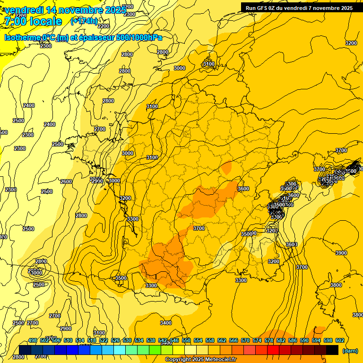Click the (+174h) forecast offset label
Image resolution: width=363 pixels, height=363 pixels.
pyautogui.click(x=84, y=21)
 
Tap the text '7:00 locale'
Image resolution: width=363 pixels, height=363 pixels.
pyautogui.click(x=33, y=21)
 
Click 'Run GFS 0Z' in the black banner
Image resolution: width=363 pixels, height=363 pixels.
pyautogui.click(x=262, y=8)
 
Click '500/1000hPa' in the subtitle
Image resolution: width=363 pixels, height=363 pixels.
pyautogui.click(x=141, y=38)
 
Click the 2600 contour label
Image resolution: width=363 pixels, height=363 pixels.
pyautogui.click(x=66, y=181)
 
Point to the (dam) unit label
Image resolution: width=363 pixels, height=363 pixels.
pyautogui.click(x=350, y=351)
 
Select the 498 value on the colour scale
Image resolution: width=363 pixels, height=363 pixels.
pyautogui.click(x=33, y=340)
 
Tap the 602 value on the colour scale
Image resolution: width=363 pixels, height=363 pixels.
pyautogui.click(x=339, y=340)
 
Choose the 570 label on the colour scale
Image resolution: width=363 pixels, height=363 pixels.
pyautogui.click(x=245, y=340)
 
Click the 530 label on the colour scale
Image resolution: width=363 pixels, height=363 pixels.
pyautogui.click(x=127, y=340)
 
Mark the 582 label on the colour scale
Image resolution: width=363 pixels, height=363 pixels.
pyautogui.click(x=280, y=340)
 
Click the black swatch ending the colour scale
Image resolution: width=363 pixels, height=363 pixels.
pyautogui.click(x=332, y=350)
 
